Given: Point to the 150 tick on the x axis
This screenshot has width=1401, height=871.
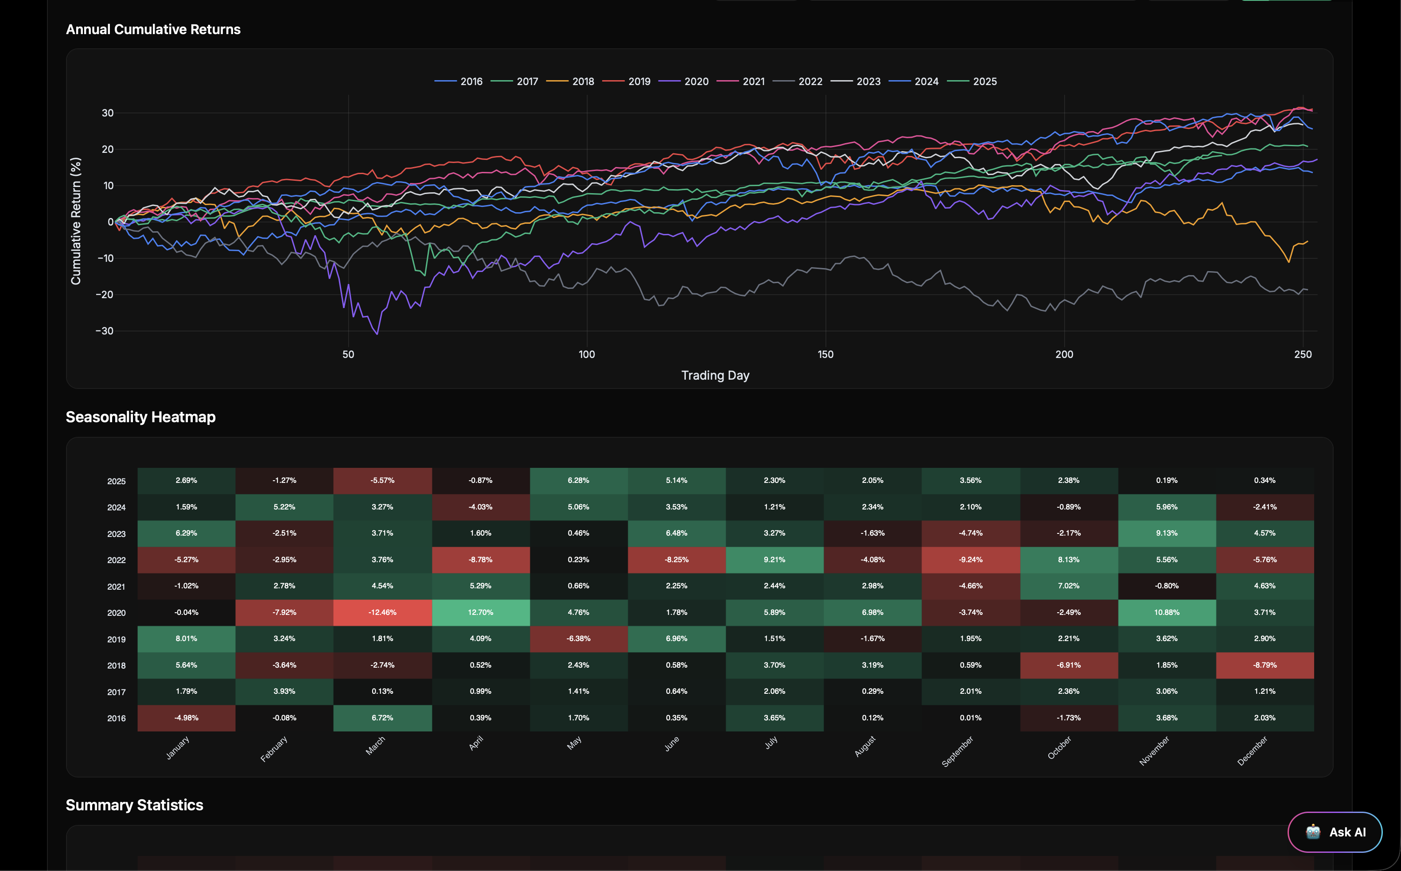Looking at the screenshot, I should pyautogui.click(x=825, y=354).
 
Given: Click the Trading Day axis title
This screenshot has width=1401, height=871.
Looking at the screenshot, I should pyautogui.click(x=715, y=376).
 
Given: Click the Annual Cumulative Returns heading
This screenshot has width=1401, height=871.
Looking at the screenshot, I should pyautogui.click(x=153, y=29).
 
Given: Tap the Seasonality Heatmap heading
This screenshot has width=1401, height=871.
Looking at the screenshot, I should pyautogui.click(x=140, y=417).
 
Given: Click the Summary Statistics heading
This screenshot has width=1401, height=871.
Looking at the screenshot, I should pyautogui.click(x=134, y=805).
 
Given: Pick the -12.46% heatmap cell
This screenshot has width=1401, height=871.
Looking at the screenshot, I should pyautogui.click(x=382, y=612).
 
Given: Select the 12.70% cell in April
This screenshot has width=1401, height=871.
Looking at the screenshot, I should pyautogui.click(x=480, y=612).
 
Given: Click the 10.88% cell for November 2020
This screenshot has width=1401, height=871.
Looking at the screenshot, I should pyautogui.click(x=1167, y=612).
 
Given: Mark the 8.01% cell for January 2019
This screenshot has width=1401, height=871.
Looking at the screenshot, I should pyautogui.click(x=186, y=638).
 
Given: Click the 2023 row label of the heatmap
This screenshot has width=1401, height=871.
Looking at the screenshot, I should pyautogui.click(x=117, y=534).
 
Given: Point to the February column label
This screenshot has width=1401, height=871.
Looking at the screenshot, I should pyautogui.click(x=274, y=749).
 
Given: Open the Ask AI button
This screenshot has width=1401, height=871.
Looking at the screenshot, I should pyautogui.click(x=1334, y=832).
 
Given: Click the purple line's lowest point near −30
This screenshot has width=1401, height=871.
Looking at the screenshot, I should pyautogui.click(x=377, y=334).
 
